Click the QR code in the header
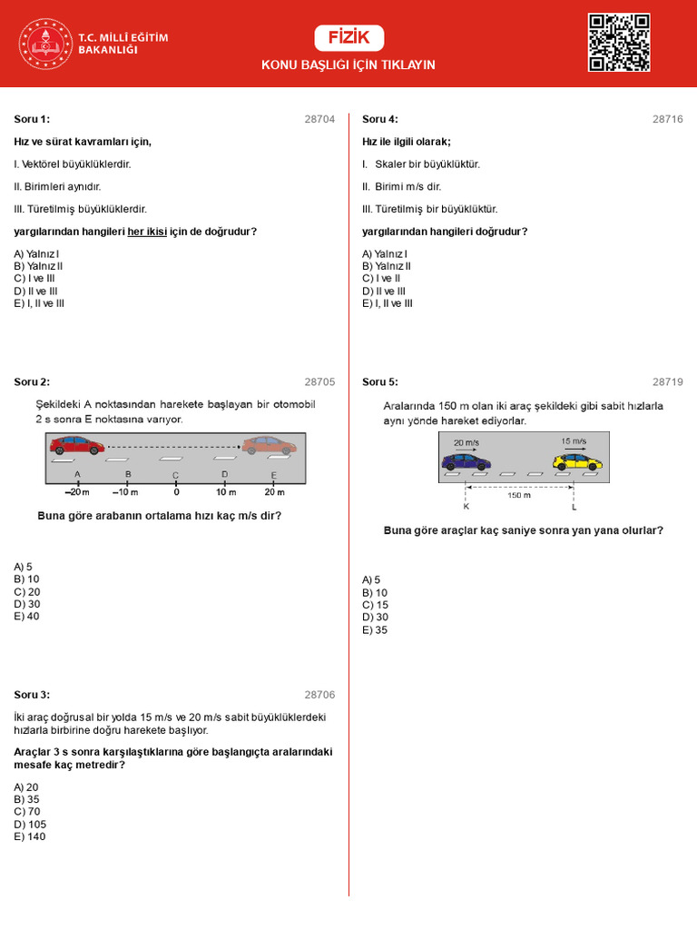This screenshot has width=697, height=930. [x=619, y=42]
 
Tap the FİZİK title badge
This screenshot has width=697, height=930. [x=348, y=38]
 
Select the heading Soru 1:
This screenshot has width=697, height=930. [x=32, y=119]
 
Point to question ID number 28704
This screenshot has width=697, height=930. [x=319, y=119]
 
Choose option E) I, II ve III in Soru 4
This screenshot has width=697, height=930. [x=388, y=303]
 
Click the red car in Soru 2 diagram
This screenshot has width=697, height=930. [x=77, y=445]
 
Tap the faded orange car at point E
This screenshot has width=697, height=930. [x=269, y=445]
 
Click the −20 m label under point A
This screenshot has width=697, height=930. [x=77, y=492]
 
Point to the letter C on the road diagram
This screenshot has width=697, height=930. [x=175, y=475]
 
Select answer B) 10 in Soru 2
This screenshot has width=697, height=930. [x=26, y=579]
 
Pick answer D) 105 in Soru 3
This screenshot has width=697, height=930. [x=29, y=824]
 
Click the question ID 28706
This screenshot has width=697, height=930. [x=319, y=695]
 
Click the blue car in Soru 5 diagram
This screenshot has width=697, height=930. [x=466, y=461]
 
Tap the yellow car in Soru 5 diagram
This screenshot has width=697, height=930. [x=577, y=461]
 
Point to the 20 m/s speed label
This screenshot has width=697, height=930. [x=465, y=442]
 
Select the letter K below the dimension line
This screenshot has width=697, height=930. [x=466, y=505]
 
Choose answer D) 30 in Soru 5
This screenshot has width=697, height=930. [x=375, y=617]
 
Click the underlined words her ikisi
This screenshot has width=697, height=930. [x=147, y=232]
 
